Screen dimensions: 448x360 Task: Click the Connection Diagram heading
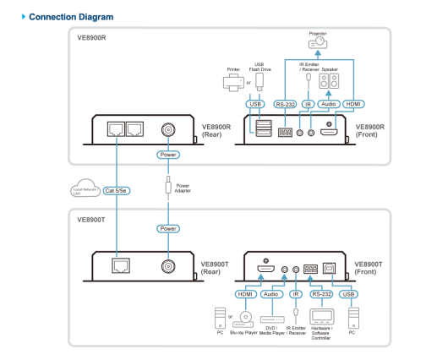click(x=71, y=17)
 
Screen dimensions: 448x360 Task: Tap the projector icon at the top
click(x=318, y=43)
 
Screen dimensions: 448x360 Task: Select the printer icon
click(x=233, y=82)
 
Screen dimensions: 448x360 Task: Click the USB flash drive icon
click(x=260, y=81)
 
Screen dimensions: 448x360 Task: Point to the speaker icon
click(x=329, y=81)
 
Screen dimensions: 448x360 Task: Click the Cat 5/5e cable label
click(x=117, y=191)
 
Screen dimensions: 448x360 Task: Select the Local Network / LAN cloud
click(x=85, y=188)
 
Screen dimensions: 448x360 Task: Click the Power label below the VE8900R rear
click(x=168, y=155)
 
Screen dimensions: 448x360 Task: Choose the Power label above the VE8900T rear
click(x=168, y=228)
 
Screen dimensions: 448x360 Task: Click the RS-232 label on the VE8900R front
click(x=285, y=104)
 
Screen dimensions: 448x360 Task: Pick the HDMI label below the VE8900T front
click(x=245, y=294)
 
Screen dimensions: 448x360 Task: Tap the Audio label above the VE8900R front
click(x=329, y=104)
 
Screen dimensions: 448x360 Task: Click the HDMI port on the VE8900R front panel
click(x=329, y=132)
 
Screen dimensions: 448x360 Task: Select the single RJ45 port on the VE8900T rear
click(x=121, y=265)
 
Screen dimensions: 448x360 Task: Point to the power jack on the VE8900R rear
click(x=168, y=129)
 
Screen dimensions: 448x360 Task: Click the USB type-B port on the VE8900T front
click(x=329, y=268)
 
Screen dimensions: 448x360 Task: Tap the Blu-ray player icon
click(x=243, y=320)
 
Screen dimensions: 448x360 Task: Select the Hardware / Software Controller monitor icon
click(x=322, y=317)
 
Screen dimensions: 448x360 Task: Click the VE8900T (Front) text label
click(x=369, y=268)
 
